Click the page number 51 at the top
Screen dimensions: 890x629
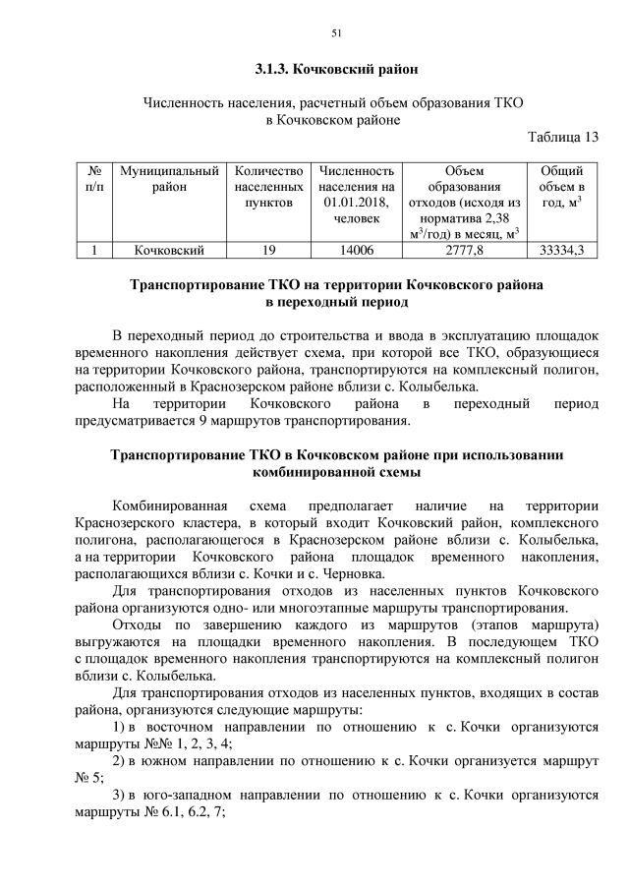coord(335,33)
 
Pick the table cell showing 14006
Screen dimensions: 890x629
coord(357,251)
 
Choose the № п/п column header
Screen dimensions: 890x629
coord(93,178)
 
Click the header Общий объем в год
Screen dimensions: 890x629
coord(562,187)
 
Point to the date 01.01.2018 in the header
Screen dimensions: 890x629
coord(355,203)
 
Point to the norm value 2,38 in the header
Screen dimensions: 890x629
coord(499,218)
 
